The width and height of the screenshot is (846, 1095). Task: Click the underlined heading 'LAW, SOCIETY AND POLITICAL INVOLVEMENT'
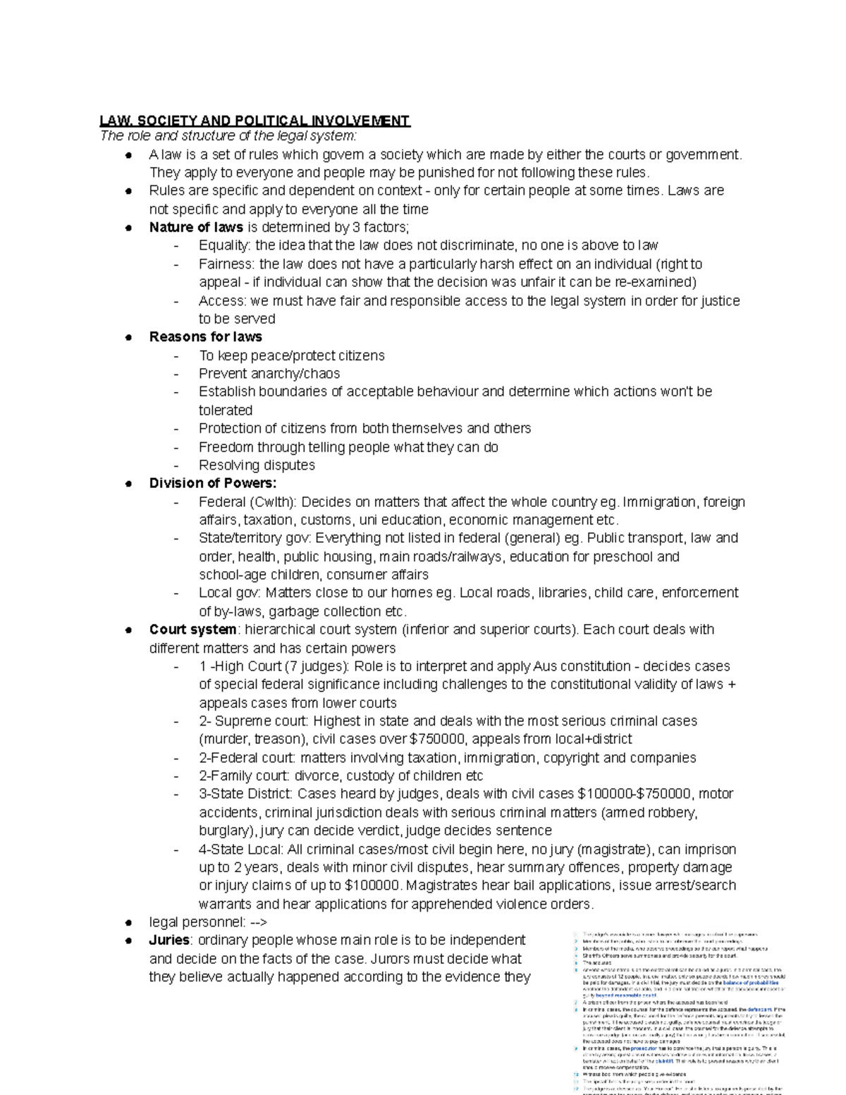click(x=255, y=121)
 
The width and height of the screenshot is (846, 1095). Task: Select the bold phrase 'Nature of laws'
click(x=196, y=227)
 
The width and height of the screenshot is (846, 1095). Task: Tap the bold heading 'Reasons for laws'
click(x=205, y=336)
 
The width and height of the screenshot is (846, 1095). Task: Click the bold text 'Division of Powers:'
click(x=213, y=483)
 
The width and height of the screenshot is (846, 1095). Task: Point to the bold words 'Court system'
click(x=192, y=629)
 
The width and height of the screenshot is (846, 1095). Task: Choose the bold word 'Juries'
click(x=169, y=940)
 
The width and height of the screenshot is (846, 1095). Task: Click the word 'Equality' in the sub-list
click(x=223, y=245)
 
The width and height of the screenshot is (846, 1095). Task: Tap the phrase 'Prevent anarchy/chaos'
click(x=269, y=373)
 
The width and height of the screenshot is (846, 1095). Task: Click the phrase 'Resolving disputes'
click(x=257, y=465)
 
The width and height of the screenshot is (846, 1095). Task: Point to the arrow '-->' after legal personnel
click(x=258, y=922)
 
